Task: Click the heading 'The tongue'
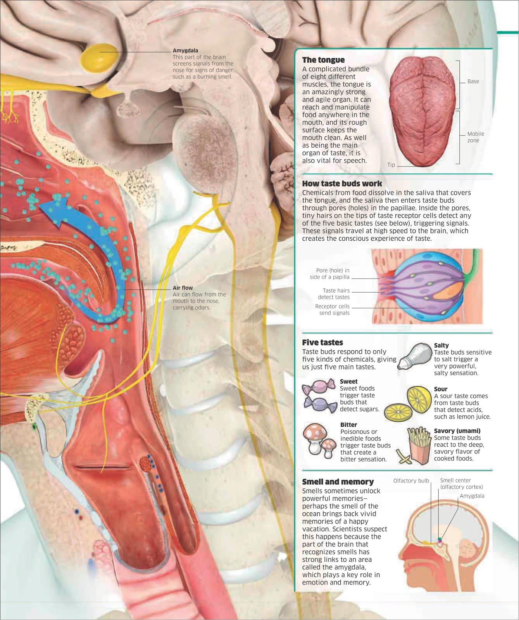pyautogui.click(x=323, y=60)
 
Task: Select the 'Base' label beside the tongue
pyautogui.click(x=473, y=81)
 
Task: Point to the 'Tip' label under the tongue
pyautogui.click(x=391, y=165)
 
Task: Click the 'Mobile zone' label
pyautogui.click(x=475, y=137)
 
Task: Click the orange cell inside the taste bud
pyautogui.click(x=446, y=292)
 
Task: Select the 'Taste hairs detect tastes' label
pyautogui.click(x=333, y=294)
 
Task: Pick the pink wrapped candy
pyautogui.click(x=318, y=387)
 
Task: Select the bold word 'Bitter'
pyautogui.click(x=348, y=425)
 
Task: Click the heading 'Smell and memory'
pyautogui.click(x=338, y=482)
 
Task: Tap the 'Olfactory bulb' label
pyautogui.click(x=411, y=481)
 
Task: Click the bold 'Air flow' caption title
pyautogui.click(x=183, y=288)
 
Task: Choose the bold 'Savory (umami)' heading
pyautogui.click(x=457, y=431)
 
